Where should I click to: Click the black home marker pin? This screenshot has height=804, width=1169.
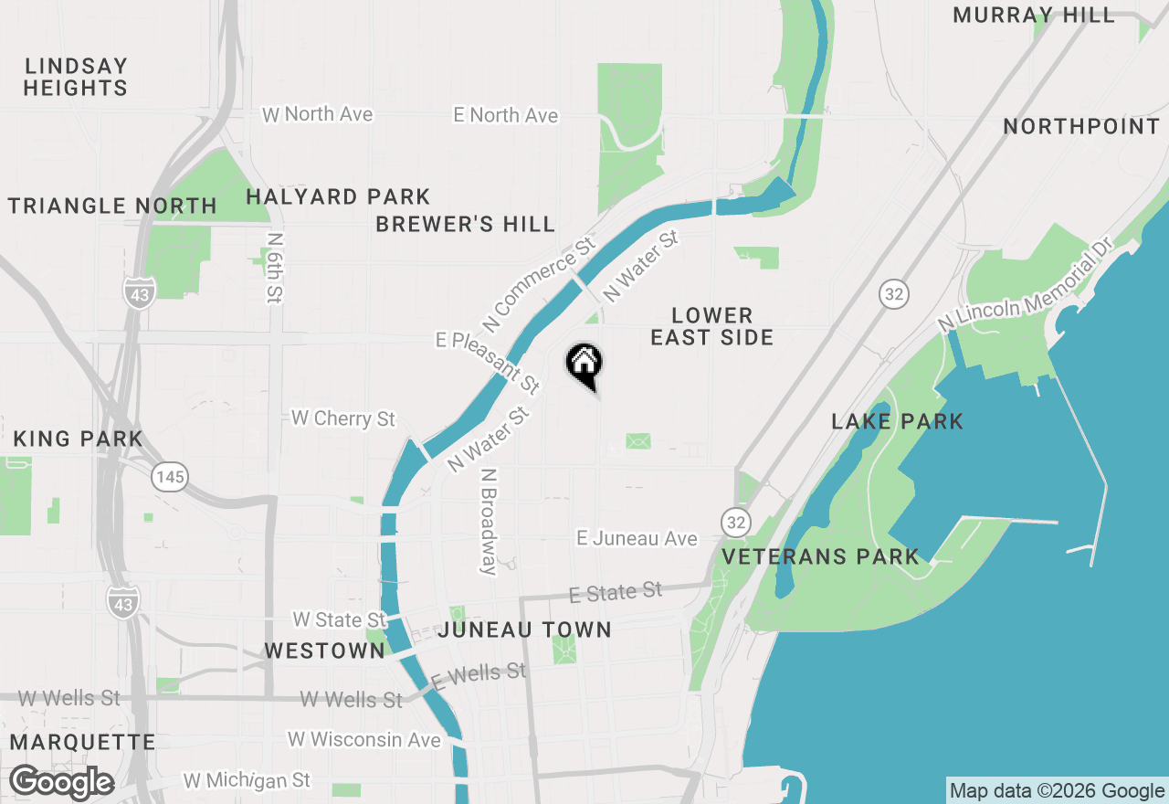pyautogui.click(x=584, y=365)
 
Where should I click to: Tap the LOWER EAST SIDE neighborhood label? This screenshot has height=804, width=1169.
pyautogui.click(x=712, y=326)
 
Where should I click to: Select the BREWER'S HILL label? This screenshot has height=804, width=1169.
pyautogui.click(x=466, y=224)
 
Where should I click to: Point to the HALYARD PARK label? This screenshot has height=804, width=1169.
pyautogui.click(x=338, y=196)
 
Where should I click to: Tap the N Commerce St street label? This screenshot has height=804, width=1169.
pyautogui.click(x=539, y=285)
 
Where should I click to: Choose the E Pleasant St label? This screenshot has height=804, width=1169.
pyautogui.click(x=488, y=363)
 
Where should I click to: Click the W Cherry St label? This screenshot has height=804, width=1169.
pyautogui.click(x=343, y=418)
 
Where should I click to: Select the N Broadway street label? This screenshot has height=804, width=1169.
pyautogui.click(x=490, y=522)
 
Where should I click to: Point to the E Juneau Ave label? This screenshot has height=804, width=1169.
pyautogui.click(x=637, y=539)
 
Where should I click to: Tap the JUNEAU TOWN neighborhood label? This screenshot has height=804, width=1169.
pyautogui.click(x=525, y=629)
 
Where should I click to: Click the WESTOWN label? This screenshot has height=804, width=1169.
pyautogui.click(x=325, y=651)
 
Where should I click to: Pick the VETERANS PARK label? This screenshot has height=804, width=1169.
pyautogui.click(x=821, y=556)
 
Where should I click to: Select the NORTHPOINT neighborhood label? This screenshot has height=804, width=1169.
pyautogui.click(x=1081, y=126)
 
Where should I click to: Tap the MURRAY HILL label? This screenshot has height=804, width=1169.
pyautogui.click(x=1034, y=15)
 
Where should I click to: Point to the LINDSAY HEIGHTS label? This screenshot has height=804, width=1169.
pyautogui.click(x=76, y=77)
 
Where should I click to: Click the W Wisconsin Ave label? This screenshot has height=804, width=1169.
pyautogui.click(x=364, y=739)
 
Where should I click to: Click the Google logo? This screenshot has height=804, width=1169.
pyautogui.click(x=61, y=782)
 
